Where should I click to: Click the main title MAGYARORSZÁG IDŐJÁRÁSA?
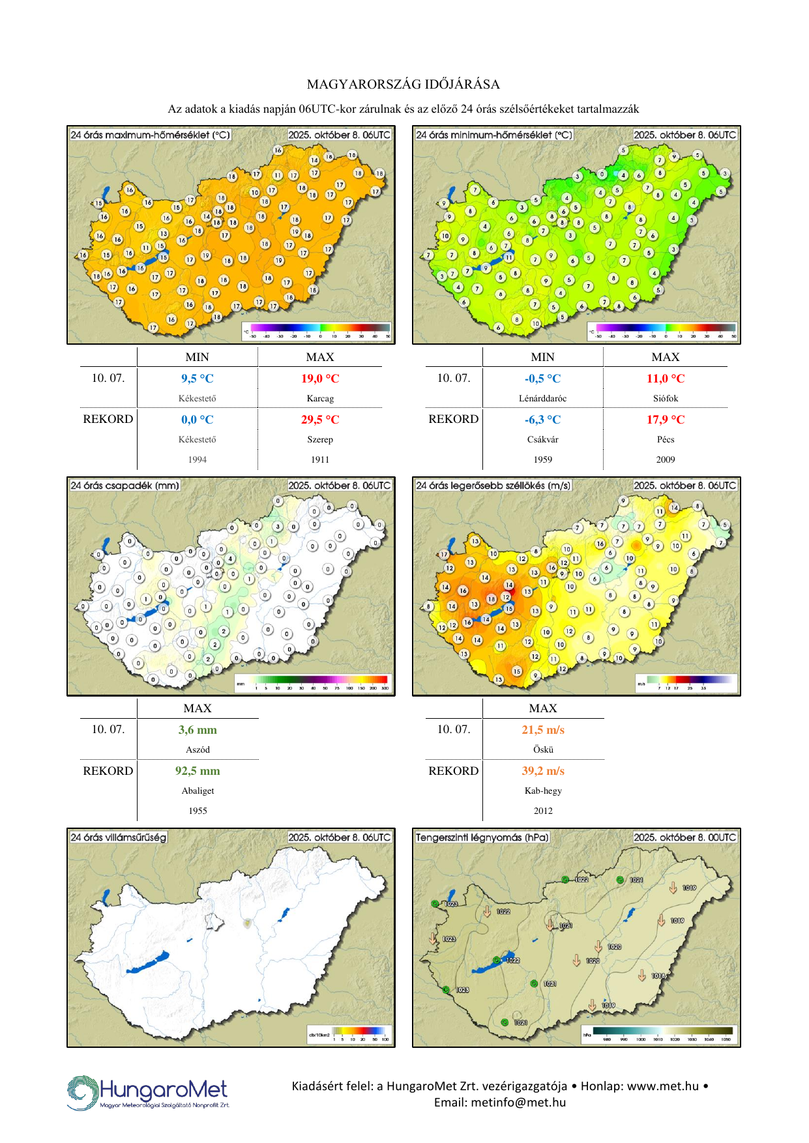point(404,84)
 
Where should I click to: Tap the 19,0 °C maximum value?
point(320,379)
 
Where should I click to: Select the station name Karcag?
point(320,398)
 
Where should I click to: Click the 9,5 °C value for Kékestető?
point(198,379)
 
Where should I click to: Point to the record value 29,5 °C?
point(320,420)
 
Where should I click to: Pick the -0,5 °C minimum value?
point(542,379)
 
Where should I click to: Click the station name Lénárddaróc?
point(542,398)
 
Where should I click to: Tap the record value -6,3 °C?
point(542,420)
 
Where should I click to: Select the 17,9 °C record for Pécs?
point(666,420)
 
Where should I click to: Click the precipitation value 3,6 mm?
point(198,730)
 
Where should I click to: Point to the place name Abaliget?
point(198,790)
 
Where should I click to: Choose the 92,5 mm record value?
point(198,771)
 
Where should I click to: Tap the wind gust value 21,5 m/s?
point(543,730)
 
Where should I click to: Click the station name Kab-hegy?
point(543,790)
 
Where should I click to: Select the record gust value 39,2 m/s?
point(543,771)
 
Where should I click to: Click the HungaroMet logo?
point(149,1093)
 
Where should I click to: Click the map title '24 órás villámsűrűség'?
point(119,837)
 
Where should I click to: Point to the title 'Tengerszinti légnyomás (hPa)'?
point(482,837)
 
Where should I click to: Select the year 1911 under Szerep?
point(320,459)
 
